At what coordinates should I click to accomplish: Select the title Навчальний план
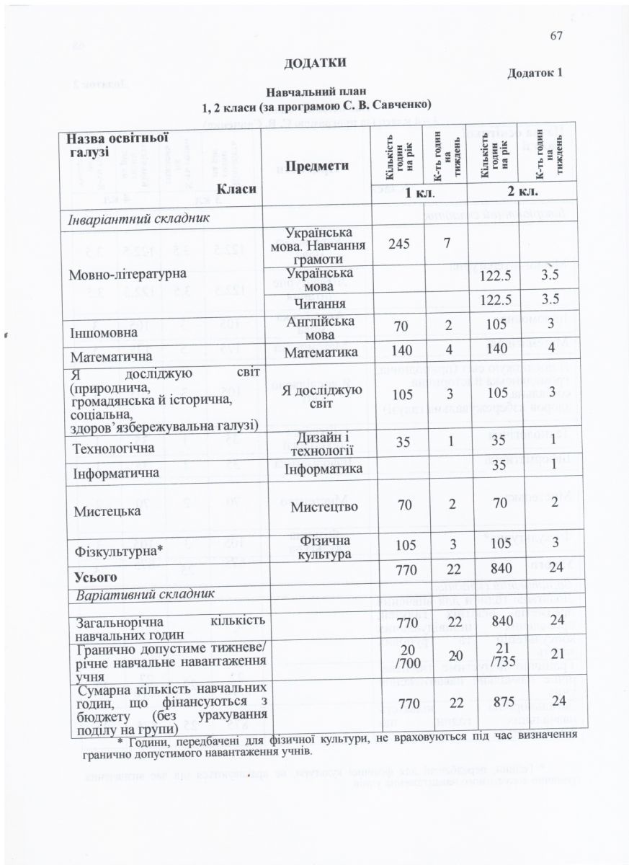tap(317, 92)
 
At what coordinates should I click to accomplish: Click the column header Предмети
tap(318, 165)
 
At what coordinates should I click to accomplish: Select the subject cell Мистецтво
tap(318, 507)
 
